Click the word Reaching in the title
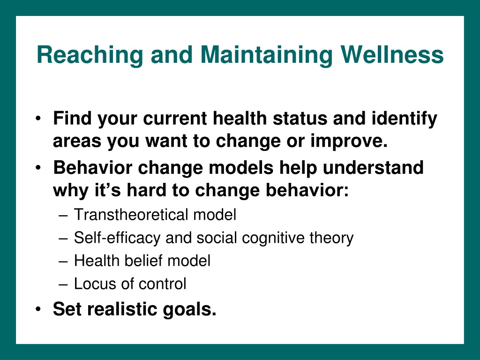[90, 55]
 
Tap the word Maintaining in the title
[266, 55]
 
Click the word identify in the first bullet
[405, 119]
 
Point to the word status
[300, 118]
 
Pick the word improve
[349, 142]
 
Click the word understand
[373, 167]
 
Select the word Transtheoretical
[131, 214]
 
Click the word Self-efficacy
[117, 238]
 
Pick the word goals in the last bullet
[189, 310]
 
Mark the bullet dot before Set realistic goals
[38, 309]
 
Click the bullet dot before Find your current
[38, 119]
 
